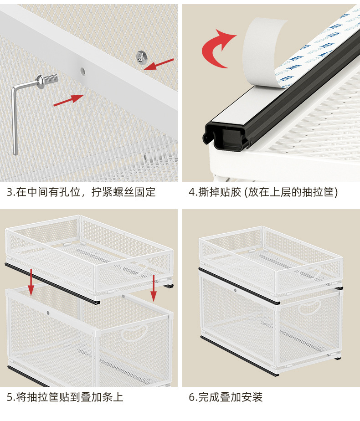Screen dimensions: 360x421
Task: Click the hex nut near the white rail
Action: (x=141, y=57)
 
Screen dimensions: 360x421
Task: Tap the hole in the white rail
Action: (x=82, y=71)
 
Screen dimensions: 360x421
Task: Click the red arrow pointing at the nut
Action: (x=159, y=64)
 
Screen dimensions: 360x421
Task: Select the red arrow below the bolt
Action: (x=69, y=100)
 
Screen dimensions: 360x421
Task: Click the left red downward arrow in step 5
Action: (x=31, y=282)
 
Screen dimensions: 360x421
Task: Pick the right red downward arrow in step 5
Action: (x=153, y=288)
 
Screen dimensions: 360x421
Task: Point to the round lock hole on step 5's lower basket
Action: (x=48, y=313)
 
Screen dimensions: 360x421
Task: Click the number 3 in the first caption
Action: (x=10, y=192)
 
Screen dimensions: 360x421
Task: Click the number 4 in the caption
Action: (x=192, y=192)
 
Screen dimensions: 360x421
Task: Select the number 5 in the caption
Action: (x=10, y=397)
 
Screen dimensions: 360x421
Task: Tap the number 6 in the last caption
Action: (x=192, y=397)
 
